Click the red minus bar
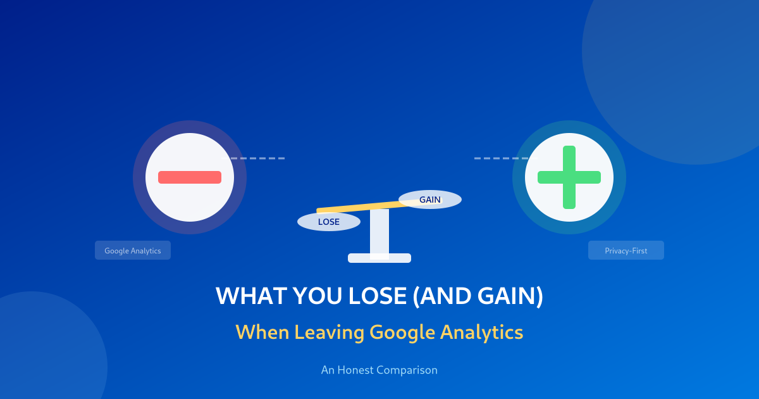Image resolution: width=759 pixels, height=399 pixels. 190,177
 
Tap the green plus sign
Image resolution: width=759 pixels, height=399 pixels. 569,177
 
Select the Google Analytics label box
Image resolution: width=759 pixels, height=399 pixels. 133,251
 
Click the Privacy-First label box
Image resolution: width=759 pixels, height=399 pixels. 626,251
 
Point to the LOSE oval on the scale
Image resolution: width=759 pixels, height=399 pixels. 329,222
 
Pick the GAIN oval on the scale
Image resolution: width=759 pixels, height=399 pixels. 430,199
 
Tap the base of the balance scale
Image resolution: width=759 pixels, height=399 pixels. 379,258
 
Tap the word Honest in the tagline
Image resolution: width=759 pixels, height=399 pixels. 355,370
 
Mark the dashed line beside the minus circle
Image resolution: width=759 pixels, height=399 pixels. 257,158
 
